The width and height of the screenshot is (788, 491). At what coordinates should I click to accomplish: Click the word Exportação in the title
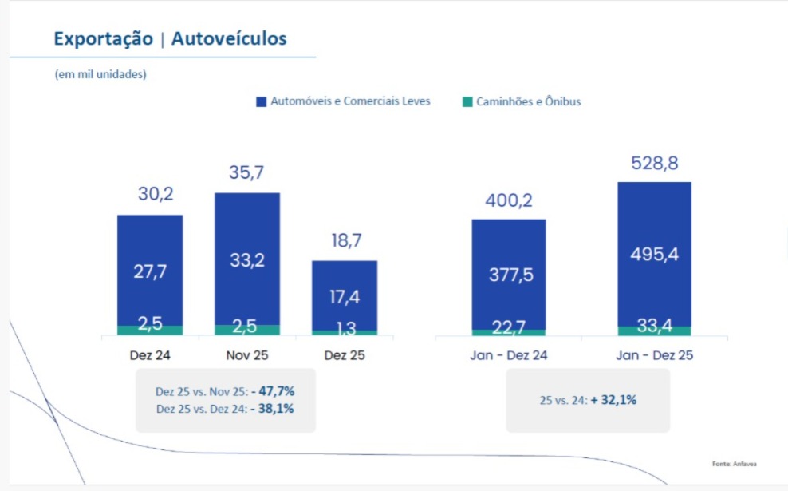tap(104, 39)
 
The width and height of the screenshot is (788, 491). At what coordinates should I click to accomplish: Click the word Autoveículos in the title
tap(229, 38)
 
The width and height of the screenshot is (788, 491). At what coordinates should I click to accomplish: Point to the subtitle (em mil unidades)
tap(100, 74)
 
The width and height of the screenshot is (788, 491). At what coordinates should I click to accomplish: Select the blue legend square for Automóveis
tap(262, 101)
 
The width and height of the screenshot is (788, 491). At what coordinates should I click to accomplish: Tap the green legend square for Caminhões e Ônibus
tap(467, 101)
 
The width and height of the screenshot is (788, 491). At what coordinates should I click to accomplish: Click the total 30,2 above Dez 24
tap(156, 194)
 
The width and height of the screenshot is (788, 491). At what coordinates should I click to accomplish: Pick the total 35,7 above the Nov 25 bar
tap(246, 172)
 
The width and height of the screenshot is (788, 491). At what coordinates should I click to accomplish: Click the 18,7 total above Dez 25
tap(346, 240)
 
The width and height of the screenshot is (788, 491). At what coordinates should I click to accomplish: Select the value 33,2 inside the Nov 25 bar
tap(247, 260)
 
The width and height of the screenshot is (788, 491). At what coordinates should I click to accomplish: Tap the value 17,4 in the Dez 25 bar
tap(345, 297)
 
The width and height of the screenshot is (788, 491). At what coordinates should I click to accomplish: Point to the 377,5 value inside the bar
tap(511, 275)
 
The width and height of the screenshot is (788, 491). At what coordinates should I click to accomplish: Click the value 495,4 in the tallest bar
tap(654, 254)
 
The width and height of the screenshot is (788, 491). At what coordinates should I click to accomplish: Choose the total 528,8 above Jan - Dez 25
tap(655, 163)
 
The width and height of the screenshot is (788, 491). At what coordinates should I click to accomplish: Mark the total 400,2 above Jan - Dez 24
tap(509, 200)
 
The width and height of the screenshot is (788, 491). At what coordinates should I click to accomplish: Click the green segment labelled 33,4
tap(654, 331)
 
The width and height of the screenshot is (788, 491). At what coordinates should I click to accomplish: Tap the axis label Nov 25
tap(247, 355)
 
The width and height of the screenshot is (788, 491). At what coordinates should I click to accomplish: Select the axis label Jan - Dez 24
tap(509, 355)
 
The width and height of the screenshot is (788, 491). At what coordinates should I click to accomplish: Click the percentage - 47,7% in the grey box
tap(273, 391)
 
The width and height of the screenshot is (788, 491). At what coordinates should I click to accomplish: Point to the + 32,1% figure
tap(613, 400)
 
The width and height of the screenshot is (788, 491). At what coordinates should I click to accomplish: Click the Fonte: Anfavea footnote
tap(735, 464)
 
